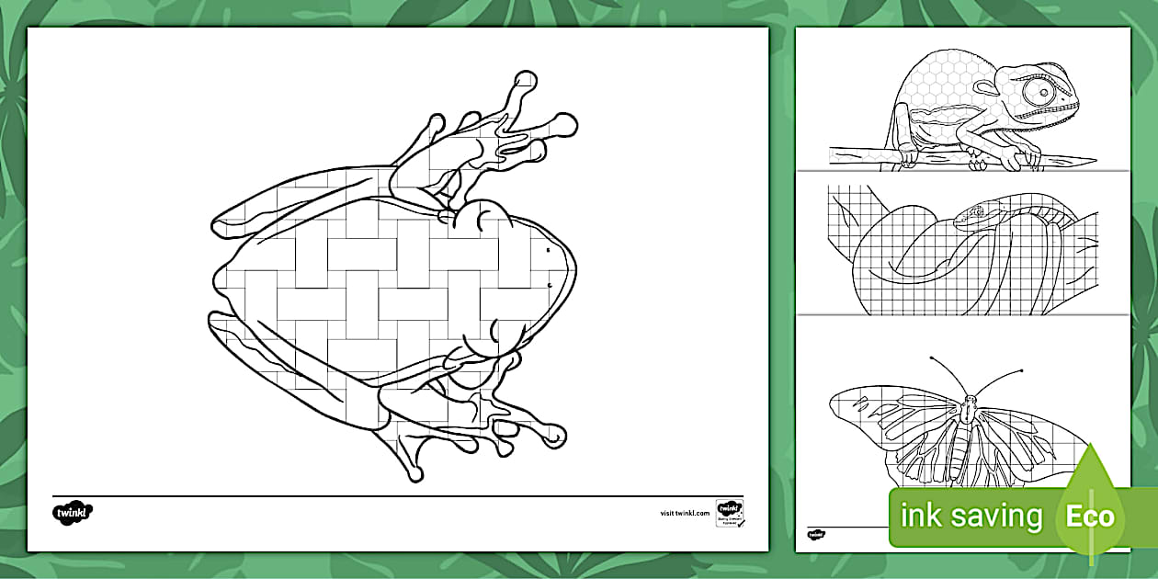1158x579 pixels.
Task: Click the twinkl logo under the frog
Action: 74,512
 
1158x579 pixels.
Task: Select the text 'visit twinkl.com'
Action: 686,513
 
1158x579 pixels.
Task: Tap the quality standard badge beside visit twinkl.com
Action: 729,513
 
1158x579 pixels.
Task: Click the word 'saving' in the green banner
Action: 997,517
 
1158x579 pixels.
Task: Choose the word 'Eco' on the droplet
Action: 1090,516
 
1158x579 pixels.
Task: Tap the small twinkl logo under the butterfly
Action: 816,534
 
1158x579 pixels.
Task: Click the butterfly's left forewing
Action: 896,409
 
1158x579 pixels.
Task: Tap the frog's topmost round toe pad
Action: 525,80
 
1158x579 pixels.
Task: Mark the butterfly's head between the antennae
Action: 970,400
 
